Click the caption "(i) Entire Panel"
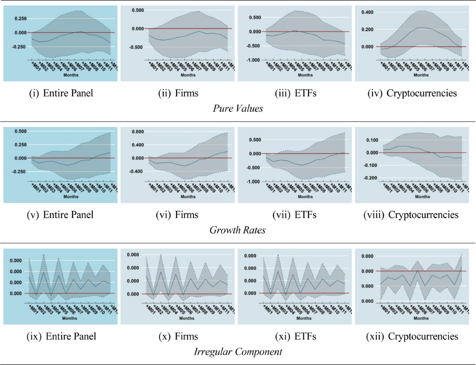[61, 94]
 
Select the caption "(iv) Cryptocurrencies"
[411, 94]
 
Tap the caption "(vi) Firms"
[177, 215]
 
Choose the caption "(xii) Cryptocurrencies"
[411, 336]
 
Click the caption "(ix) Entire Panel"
[61, 336]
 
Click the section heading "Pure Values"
[237, 108]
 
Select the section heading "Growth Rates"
[237, 230]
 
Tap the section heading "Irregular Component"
[237, 351]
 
